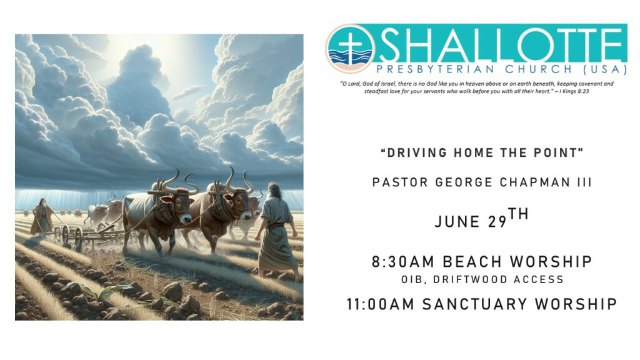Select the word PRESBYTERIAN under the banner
pos(436,69)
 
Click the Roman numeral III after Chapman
pos(584,182)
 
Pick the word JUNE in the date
pos(457,222)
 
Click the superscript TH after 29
pos(518,214)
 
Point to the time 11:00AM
pos(381,304)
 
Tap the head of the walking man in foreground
pos(275,190)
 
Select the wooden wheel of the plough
pos(78,238)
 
